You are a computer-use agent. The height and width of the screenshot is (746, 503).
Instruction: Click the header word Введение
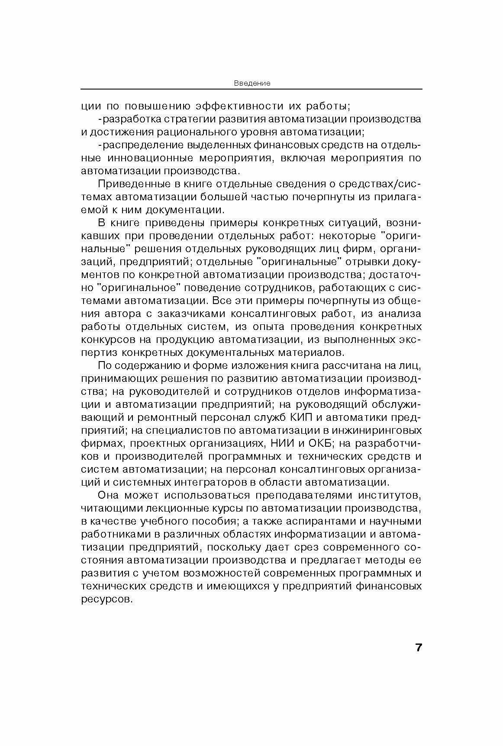(252, 83)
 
